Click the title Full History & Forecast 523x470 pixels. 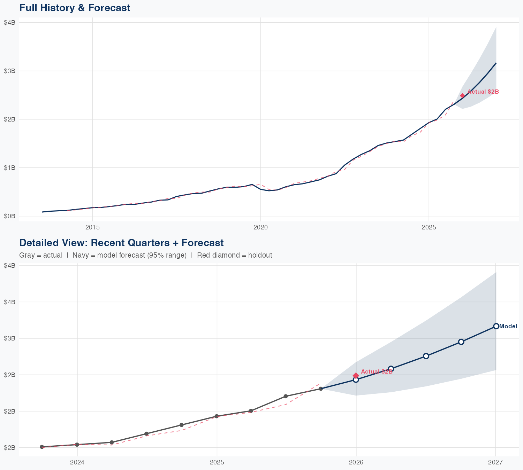click(75, 8)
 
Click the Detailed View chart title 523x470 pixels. click(121, 243)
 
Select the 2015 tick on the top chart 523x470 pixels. click(92, 227)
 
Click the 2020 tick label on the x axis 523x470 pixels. click(260, 227)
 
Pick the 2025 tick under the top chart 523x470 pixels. click(429, 227)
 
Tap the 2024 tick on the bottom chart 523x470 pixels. click(77, 462)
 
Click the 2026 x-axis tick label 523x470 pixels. click(356, 462)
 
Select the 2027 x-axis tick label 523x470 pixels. click(495, 462)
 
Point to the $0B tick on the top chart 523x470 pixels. click(9, 216)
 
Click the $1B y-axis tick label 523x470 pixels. click(9, 168)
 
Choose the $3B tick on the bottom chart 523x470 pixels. click(9, 338)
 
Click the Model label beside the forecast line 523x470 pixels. click(508, 327)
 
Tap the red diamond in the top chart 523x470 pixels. click(462, 96)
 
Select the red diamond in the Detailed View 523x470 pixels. click(356, 375)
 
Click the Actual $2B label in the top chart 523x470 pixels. click(483, 92)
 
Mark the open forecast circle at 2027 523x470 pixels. click(496, 326)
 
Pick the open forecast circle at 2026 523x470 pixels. click(356, 380)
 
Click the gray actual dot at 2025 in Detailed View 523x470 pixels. click(217, 416)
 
